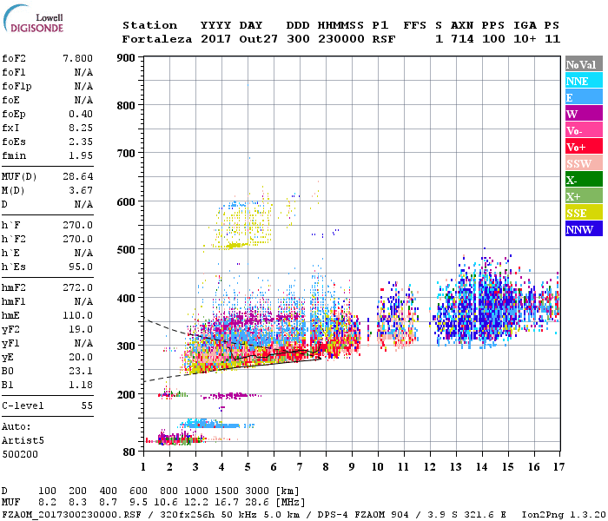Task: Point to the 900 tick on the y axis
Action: point(126,58)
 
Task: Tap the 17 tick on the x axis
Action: point(557,466)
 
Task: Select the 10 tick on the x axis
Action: point(378,466)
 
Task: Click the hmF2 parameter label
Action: point(16,287)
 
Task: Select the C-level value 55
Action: point(87,406)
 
